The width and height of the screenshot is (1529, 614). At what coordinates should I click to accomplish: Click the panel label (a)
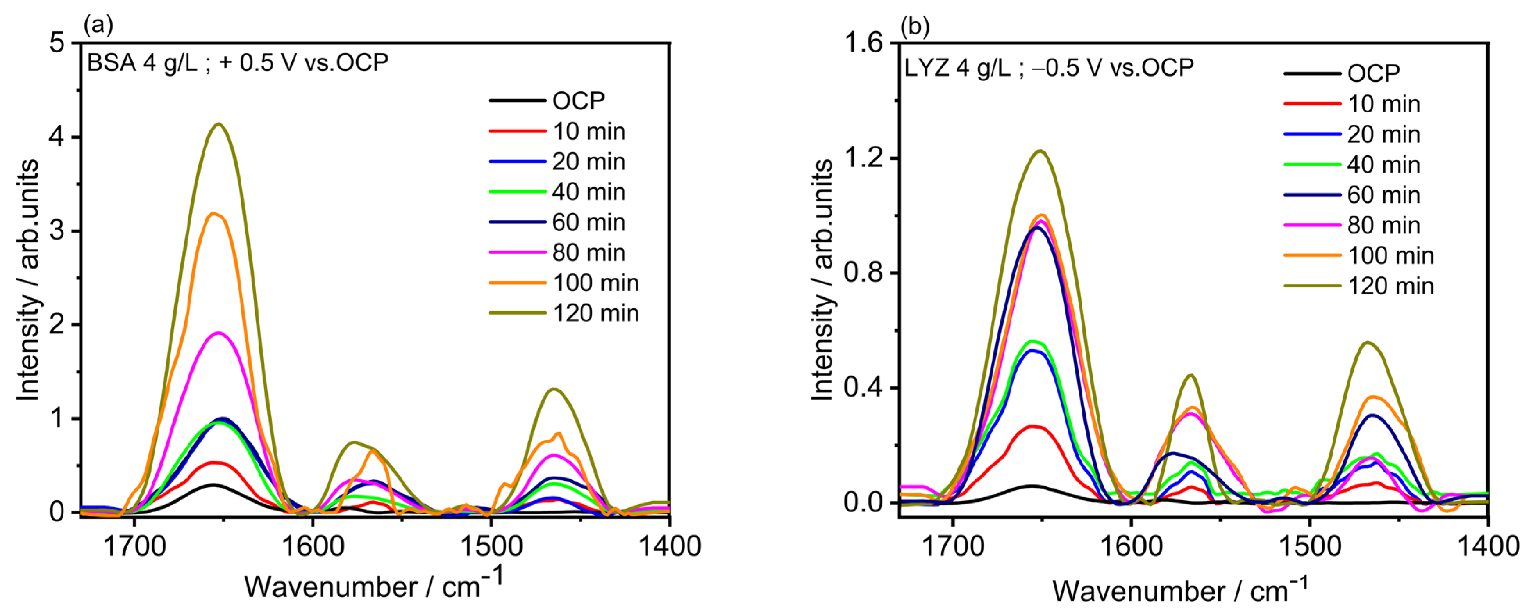point(98,25)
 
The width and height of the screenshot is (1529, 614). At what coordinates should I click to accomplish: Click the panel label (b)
point(915,26)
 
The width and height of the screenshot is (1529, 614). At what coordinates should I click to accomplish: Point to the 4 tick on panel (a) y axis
point(57,137)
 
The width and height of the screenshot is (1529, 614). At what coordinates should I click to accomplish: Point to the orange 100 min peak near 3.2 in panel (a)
point(214,214)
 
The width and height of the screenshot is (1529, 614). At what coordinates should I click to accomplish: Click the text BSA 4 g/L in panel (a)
point(143,63)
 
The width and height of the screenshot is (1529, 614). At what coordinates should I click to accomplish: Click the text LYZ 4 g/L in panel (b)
point(957,68)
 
